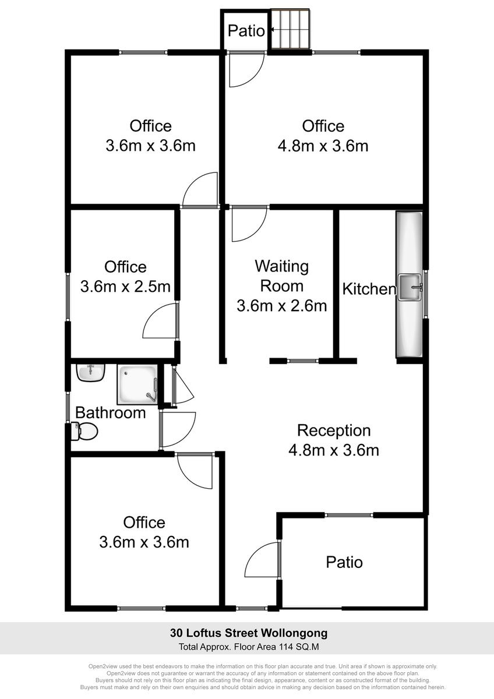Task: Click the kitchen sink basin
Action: (410, 287)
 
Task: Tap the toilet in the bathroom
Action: (84, 432)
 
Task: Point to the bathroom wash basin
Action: (91, 373)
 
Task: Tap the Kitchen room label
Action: (369, 289)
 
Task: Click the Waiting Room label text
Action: (282, 276)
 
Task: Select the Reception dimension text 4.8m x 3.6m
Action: (334, 450)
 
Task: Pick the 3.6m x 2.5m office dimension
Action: (125, 287)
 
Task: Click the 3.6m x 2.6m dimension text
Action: (282, 306)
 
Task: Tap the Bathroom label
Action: (111, 412)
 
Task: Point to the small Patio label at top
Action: (246, 30)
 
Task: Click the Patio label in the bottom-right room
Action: (344, 562)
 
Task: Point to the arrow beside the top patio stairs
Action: (272, 30)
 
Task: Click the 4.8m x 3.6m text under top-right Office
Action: (323, 146)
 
